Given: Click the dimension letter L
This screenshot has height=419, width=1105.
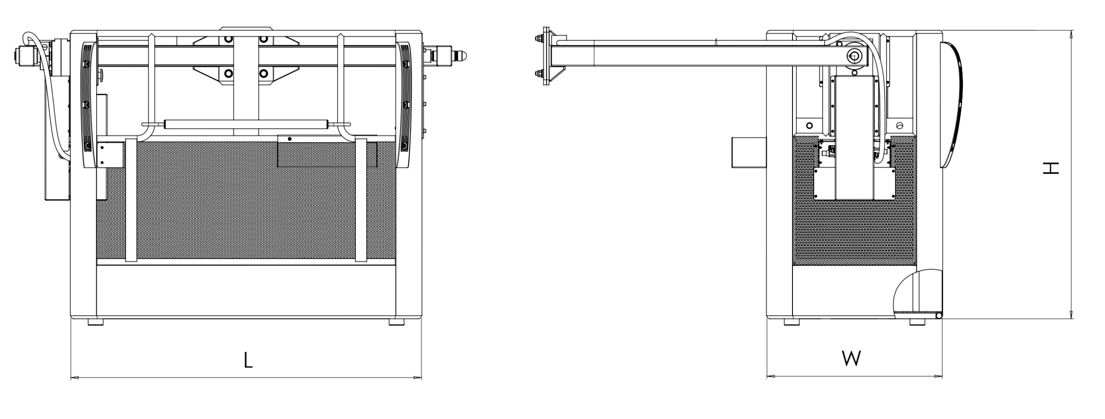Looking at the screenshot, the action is [248, 360].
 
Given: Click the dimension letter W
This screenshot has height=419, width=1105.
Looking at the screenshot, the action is [852, 359].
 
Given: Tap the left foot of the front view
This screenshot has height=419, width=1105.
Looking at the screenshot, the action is [95, 322].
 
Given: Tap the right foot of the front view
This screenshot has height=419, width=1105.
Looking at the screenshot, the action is [397, 322].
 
